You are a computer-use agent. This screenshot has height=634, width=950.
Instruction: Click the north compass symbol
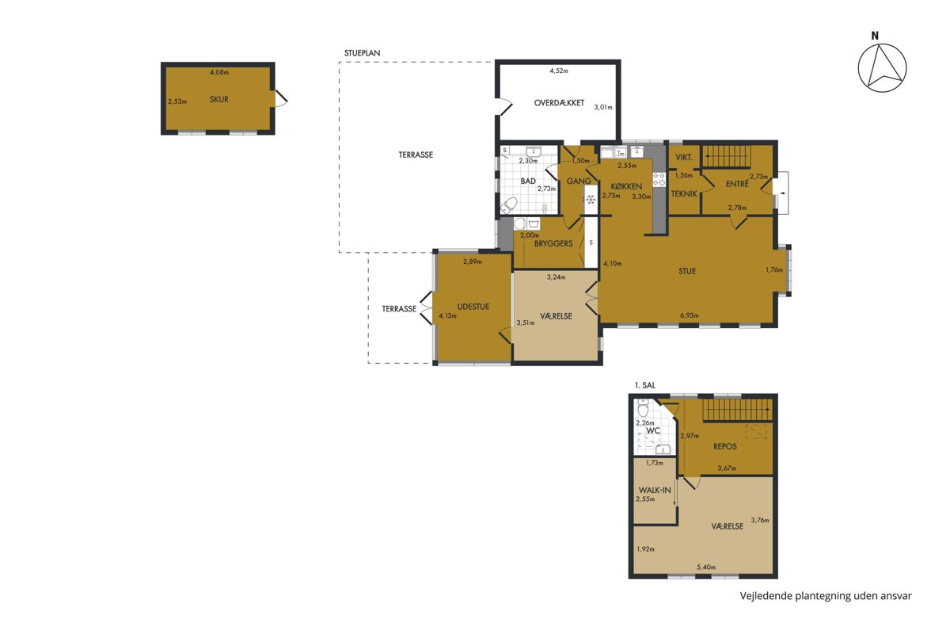[882, 68]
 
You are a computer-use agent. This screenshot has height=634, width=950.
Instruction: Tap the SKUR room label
[218, 99]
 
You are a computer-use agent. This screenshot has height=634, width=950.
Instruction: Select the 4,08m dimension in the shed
[219, 72]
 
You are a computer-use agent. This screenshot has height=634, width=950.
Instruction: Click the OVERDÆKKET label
[559, 103]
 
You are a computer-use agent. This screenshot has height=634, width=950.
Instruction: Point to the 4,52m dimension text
[559, 71]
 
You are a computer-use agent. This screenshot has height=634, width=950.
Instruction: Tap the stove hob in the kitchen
[659, 179]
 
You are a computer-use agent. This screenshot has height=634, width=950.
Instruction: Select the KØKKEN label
[626, 186]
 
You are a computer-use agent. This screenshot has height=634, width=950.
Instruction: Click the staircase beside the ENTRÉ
[728, 156]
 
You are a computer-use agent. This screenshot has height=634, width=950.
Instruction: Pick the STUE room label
[687, 271]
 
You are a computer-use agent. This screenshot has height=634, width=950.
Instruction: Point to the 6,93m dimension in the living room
[690, 315]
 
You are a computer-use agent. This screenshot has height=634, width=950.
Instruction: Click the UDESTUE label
[473, 307]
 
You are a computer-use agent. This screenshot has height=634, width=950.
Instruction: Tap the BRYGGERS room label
[553, 244]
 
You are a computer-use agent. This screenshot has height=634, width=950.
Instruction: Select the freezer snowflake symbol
[590, 199]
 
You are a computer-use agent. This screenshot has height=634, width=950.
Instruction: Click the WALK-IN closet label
[655, 490]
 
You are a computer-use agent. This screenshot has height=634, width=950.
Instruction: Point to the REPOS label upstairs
[725, 446]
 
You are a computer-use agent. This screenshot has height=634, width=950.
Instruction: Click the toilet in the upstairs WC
[644, 407]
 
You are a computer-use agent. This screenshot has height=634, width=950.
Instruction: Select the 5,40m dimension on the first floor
[706, 567]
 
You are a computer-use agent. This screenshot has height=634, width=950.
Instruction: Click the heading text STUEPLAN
[363, 53]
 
